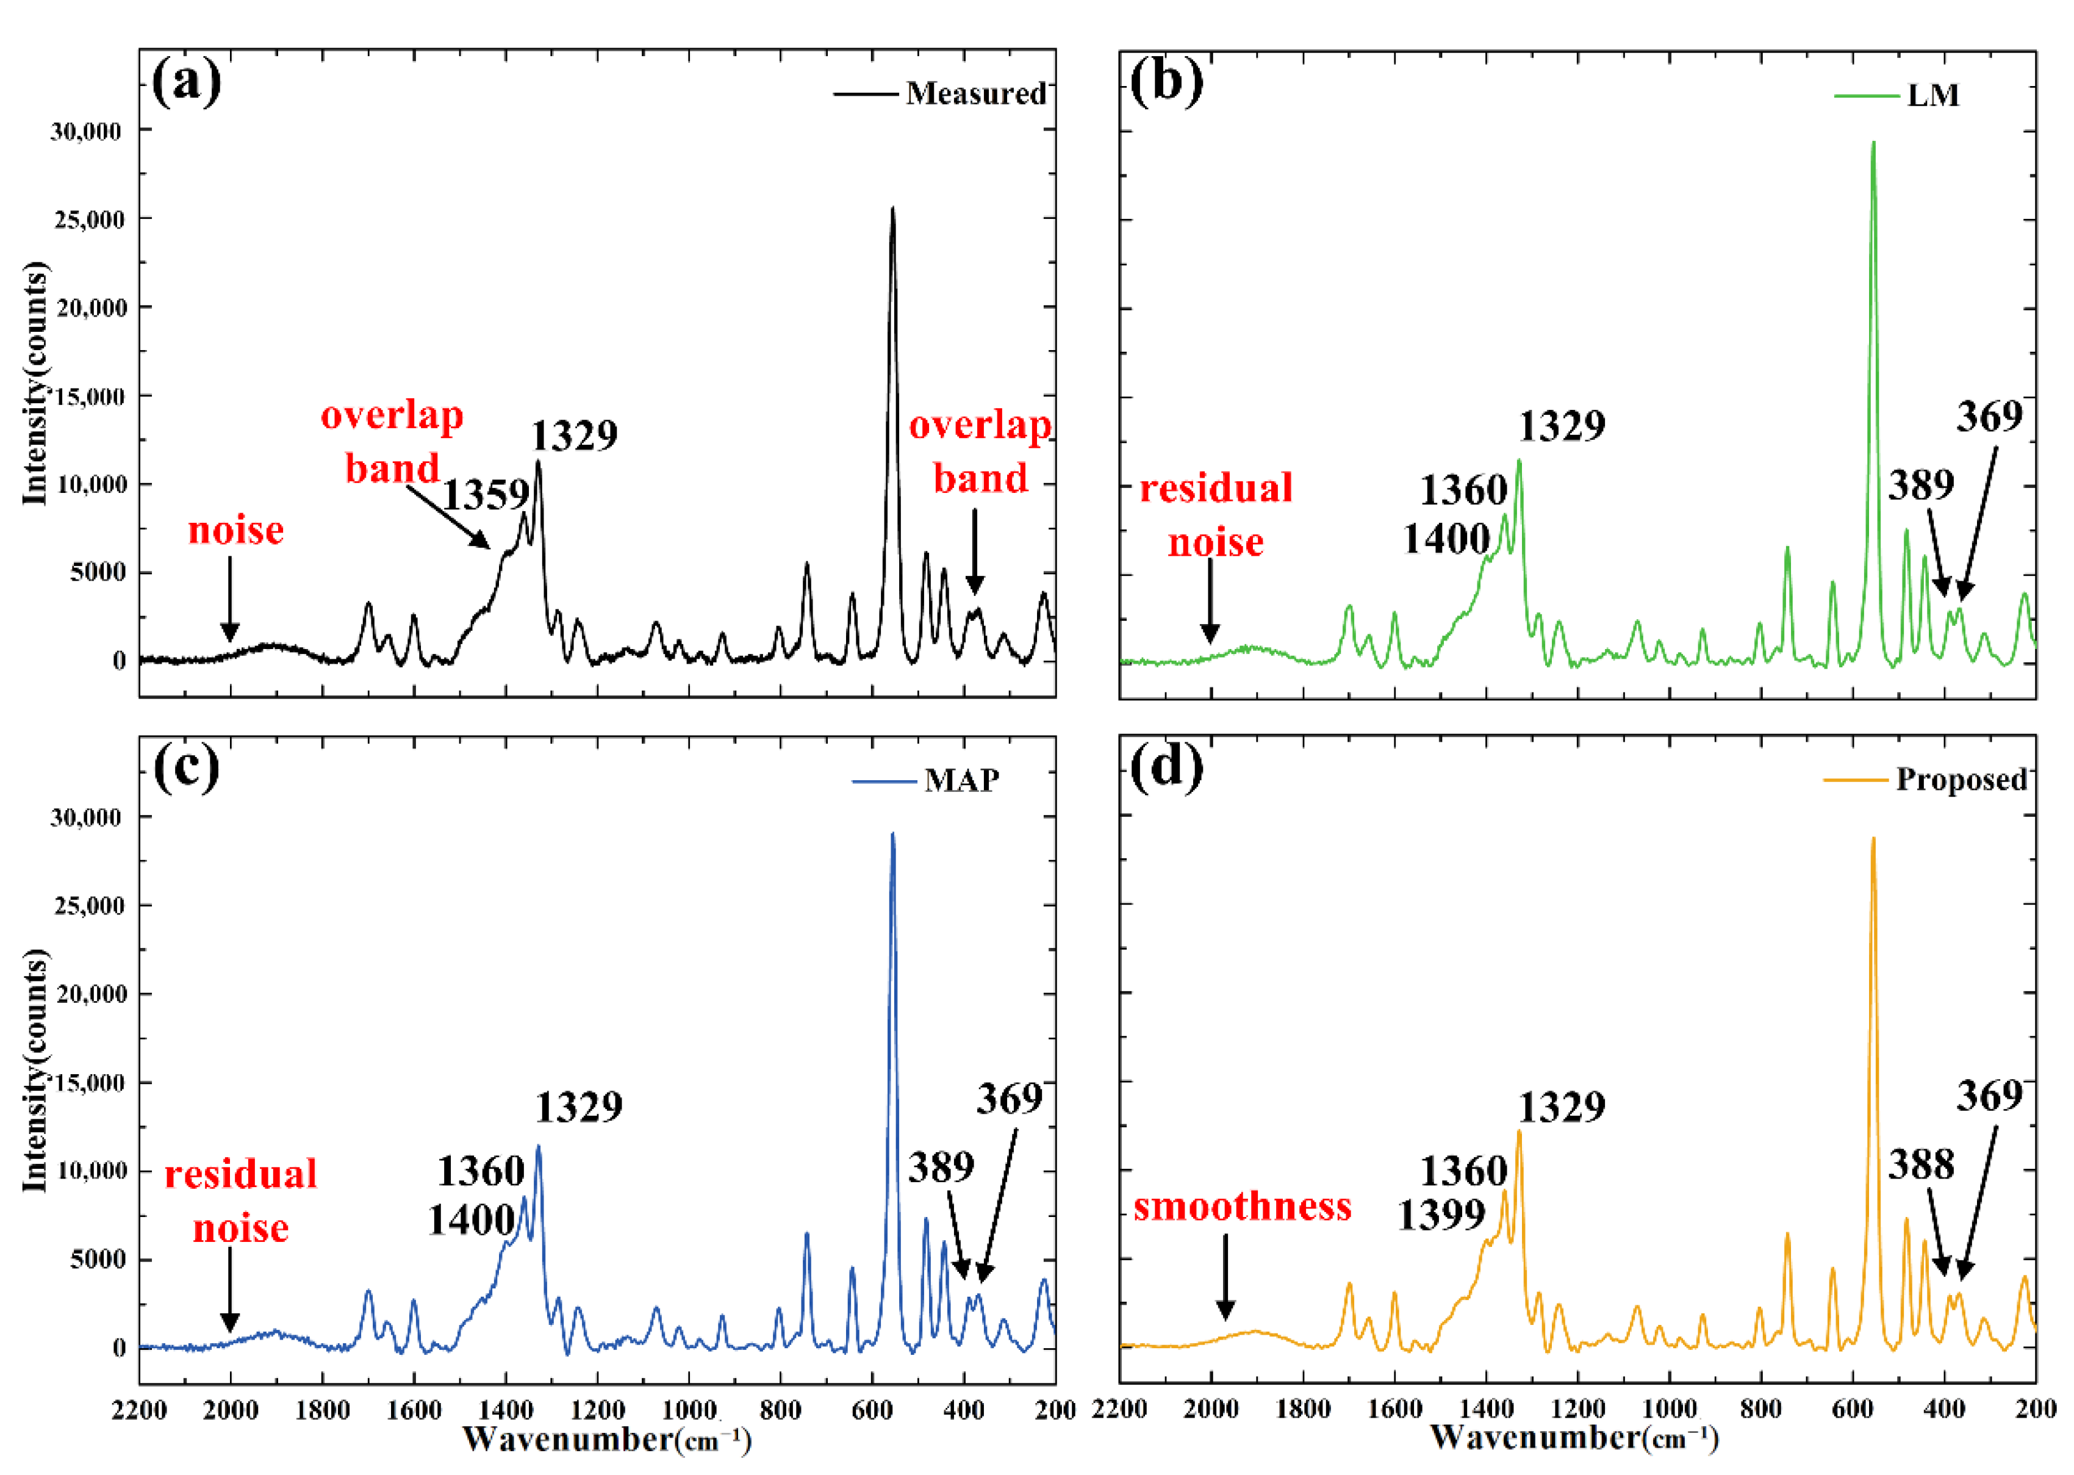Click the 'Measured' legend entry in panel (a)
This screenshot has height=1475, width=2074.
[x=975, y=93]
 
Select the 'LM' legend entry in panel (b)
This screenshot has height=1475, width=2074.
[x=1932, y=95]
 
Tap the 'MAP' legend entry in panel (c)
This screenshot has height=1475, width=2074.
[x=961, y=780]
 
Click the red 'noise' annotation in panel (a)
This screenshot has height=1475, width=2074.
[x=236, y=531]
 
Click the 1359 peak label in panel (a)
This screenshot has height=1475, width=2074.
[x=485, y=495]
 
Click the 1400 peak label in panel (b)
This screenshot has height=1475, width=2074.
[x=1446, y=539]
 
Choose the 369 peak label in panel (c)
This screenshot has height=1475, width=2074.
[x=1010, y=1100]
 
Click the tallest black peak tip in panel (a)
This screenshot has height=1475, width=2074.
[x=892, y=209]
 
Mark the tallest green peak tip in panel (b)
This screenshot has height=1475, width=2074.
[x=1873, y=143]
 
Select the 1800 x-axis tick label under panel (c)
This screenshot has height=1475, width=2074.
[x=322, y=1410]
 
